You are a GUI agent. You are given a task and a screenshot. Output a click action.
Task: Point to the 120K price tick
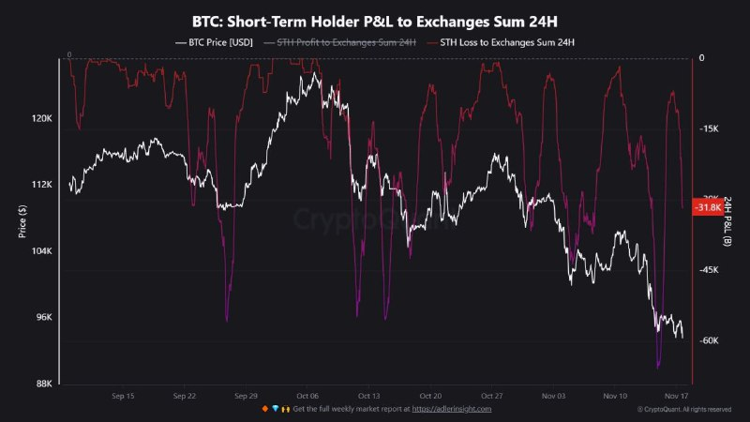click(x=42, y=119)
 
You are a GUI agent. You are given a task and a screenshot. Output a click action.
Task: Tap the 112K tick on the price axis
click(x=42, y=185)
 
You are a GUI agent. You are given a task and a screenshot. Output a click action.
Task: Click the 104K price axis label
click(x=42, y=251)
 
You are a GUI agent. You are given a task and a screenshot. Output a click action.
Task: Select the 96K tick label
click(x=44, y=318)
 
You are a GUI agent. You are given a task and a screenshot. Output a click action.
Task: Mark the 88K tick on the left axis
click(x=44, y=384)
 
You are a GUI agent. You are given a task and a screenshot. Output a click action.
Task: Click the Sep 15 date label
click(x=123, y=397)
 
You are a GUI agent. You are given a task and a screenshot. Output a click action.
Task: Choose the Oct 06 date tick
click(x=307, y=397)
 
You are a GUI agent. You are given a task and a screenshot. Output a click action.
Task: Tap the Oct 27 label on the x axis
click(x=491, y=397)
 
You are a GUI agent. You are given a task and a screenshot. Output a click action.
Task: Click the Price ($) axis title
click(x=22, y=221)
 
